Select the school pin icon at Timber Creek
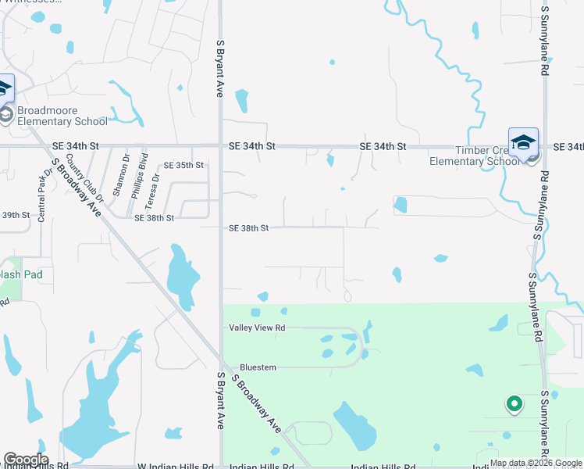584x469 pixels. pos(523,142)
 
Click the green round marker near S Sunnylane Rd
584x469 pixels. pos(514,404)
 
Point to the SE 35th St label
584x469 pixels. pos(183,166)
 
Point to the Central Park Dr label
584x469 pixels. pos(42,191)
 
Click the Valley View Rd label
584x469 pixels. pos(257,328)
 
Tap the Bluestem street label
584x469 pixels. pos(258,367)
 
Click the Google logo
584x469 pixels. pos(26,460)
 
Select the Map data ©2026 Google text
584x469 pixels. pos(536,464)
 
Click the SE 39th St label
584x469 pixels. pos(16,215)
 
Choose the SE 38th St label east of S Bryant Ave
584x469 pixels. pos(249,228)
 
